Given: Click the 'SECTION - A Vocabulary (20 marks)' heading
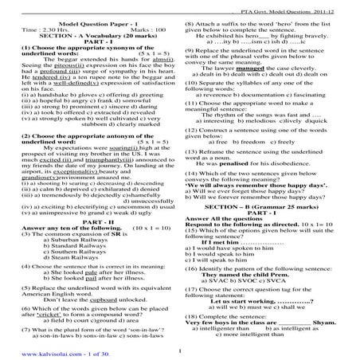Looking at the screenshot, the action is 86,38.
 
